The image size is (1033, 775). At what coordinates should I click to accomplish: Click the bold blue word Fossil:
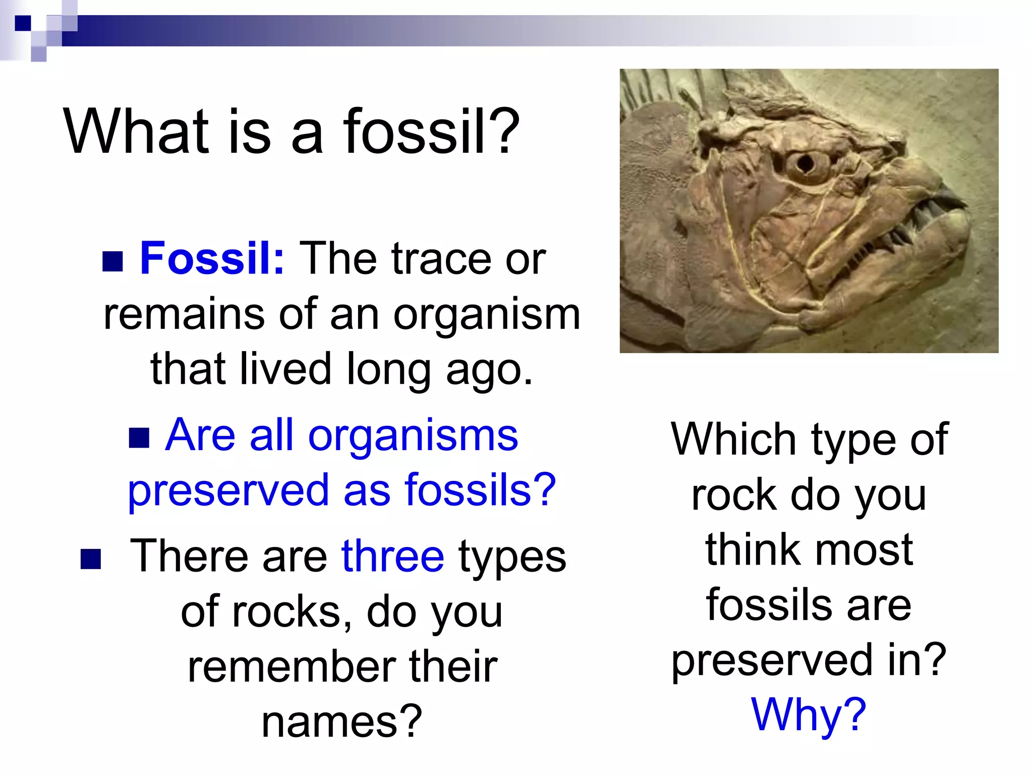tap(212, 258)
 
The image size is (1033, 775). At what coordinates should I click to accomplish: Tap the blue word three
tap(392, 556)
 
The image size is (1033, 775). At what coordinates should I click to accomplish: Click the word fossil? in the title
tap(431, 132)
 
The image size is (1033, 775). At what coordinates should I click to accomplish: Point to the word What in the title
tap(136, 132)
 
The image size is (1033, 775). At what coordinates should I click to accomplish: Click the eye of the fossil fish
tap(806, 163)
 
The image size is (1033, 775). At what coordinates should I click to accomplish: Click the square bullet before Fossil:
tap(112, 261)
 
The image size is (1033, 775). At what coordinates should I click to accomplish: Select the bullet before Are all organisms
tap(139, 438)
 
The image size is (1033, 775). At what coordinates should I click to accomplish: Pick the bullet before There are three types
tap(91, 559)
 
